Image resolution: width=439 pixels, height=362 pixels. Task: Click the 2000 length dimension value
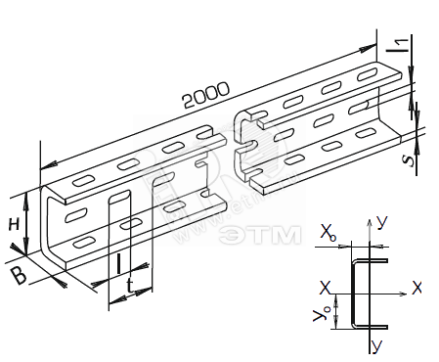206,95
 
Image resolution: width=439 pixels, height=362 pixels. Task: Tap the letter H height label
14,225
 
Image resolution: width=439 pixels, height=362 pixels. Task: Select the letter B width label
19,276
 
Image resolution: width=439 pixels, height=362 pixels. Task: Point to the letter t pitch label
130,286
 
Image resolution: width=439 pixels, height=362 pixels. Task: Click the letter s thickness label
410,160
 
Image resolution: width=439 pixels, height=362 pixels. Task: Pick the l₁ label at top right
398,45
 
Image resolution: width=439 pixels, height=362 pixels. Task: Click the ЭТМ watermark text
260,235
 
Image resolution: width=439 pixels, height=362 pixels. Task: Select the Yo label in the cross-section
321,314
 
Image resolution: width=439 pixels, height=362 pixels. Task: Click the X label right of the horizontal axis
417,289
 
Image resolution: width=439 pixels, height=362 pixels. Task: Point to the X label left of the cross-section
325,289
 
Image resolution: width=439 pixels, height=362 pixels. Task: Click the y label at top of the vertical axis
382,222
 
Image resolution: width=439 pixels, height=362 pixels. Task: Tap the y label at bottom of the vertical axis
376,346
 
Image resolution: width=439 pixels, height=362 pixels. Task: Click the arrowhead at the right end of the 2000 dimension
369,48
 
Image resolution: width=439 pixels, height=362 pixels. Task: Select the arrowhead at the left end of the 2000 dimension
48,165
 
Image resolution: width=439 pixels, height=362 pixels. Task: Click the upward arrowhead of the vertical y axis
370,223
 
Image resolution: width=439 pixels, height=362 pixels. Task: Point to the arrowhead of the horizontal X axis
403,294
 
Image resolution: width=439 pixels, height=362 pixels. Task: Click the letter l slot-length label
118,263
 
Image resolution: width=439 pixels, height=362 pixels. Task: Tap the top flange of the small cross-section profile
371,261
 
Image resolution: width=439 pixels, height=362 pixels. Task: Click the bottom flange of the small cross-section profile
371,327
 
